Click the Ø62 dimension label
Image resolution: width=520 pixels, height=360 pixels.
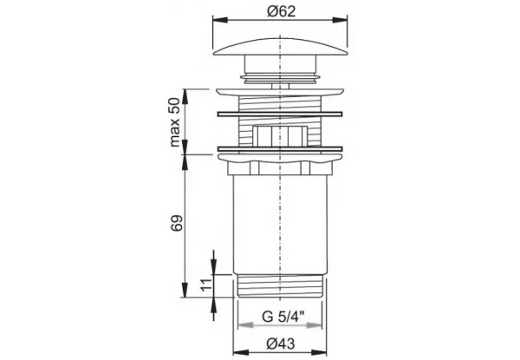(281, 11)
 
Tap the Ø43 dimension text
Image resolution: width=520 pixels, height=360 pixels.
(281, 344)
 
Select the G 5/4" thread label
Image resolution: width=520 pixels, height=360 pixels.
(278, 317)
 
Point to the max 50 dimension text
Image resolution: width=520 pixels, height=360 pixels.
(174, 122)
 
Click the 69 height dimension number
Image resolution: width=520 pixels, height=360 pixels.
(177, 223)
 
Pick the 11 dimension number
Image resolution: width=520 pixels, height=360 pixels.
(206, 285)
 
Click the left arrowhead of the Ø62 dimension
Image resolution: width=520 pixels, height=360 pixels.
(220, 20)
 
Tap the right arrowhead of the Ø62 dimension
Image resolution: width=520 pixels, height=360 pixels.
(340, 20)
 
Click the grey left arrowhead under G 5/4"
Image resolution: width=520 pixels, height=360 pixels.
(245, 325)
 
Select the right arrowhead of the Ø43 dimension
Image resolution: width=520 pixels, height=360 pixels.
(319, 352)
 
